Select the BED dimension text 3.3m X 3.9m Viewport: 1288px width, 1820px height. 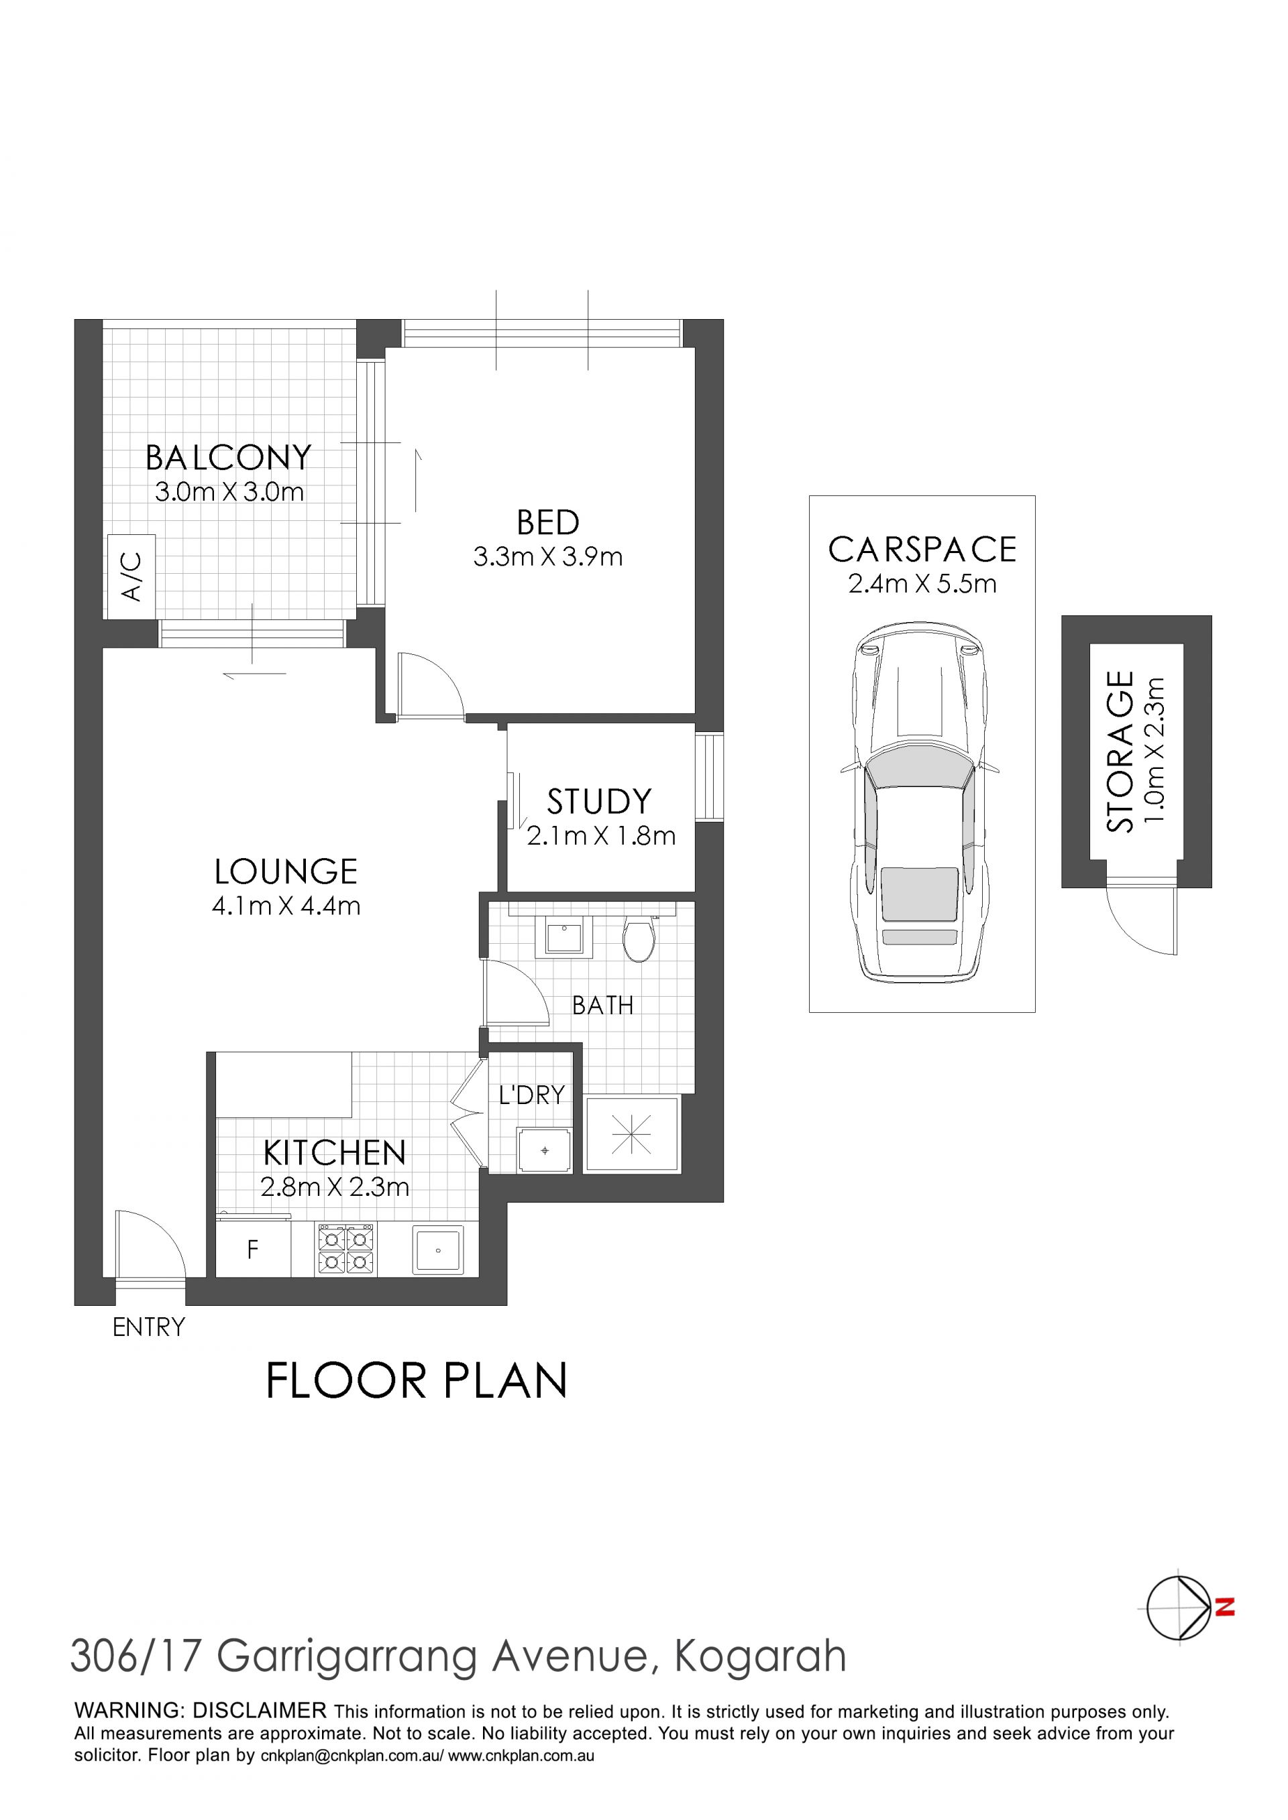click(548, 556)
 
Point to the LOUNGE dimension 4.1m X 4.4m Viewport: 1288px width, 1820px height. click(286, 905)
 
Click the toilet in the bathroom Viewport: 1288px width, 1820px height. click(639, 938)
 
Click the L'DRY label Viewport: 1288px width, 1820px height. click(531, 1095)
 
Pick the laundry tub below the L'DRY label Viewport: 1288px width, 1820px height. click(544, 1150)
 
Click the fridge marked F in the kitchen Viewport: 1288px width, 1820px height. click(253, 1250)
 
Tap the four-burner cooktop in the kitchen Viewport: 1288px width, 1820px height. click(347, 1250)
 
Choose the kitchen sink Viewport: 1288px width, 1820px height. click(437, 1250)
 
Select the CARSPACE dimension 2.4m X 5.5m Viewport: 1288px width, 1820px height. click(922, 583)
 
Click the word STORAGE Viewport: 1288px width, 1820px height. click(1120, 751)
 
